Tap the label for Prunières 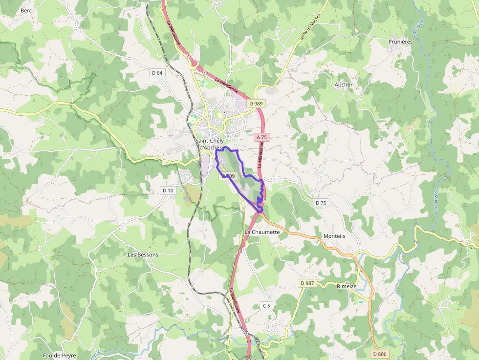click(400, 42)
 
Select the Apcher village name click(344, 85)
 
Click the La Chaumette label click(262, 232)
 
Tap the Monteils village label click(334, 236)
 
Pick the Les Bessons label click(143, 254)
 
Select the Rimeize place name click(347, 286)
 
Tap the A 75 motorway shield click(262, 138)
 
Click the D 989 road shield click(256, 104)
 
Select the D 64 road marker click(157, 73)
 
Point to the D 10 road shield click(168, 190)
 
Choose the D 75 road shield click(321, 202)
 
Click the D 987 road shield click(307, 283)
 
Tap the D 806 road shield click(379, 354)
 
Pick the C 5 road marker click(266, 306)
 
